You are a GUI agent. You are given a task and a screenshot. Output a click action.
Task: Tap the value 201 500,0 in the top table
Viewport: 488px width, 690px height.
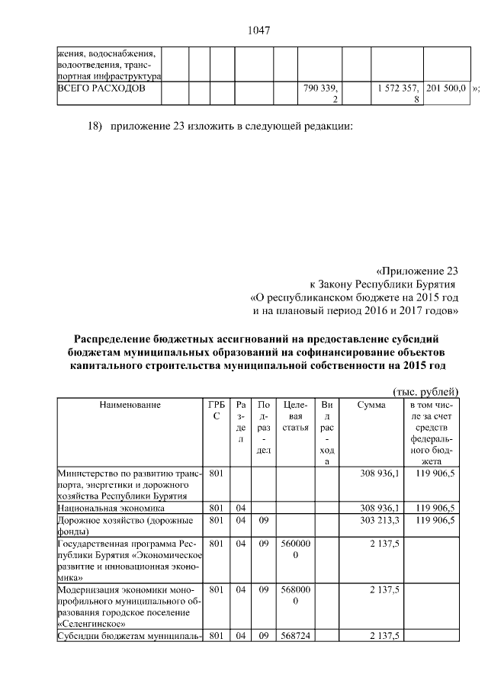[446, 88]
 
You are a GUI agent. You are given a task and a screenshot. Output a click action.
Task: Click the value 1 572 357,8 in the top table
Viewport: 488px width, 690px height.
[396, 94]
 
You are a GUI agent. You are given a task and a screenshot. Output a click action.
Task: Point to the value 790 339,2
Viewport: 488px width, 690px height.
[321, 94]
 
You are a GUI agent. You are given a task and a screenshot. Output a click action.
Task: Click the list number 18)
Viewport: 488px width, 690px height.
[92, 125]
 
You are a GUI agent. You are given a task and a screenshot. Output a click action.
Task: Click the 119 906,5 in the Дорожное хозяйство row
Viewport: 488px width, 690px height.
[435, 520]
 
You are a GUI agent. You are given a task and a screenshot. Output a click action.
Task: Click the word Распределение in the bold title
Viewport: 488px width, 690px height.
[112, 339]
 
